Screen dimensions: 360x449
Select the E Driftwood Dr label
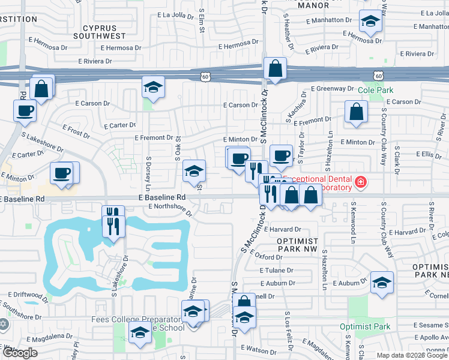(x=28, y=295)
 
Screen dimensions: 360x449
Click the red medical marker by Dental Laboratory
(x=360, y=182)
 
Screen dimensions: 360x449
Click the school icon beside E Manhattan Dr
(x=370, y=22)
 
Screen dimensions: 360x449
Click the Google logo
(x=20, y=353)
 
